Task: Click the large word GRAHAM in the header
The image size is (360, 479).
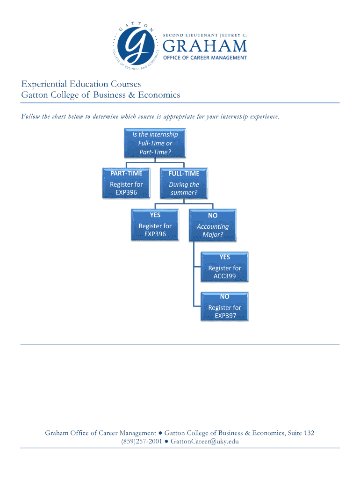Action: point(204,46)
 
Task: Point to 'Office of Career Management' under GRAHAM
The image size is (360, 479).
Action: point(204,58)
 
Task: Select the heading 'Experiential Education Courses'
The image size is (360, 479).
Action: point(81,84)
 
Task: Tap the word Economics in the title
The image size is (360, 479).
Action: point(157,95)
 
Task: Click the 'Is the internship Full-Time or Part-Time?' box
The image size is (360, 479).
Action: point(155,143)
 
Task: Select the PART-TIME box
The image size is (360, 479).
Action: point(126,183)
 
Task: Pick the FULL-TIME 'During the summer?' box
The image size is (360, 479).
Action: point(184,183)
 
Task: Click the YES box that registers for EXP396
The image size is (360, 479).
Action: point(155,225)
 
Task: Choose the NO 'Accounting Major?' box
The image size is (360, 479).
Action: point(213,225)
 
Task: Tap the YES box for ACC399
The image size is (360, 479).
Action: point(224,267)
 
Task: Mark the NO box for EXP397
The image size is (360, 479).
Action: point(224,306)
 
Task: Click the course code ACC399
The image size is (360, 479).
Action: point(224,276)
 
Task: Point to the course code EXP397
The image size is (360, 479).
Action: point(224,316)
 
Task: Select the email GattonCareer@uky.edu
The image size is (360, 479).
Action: point(205,441)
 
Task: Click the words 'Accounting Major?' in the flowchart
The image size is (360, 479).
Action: point(213,230)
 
